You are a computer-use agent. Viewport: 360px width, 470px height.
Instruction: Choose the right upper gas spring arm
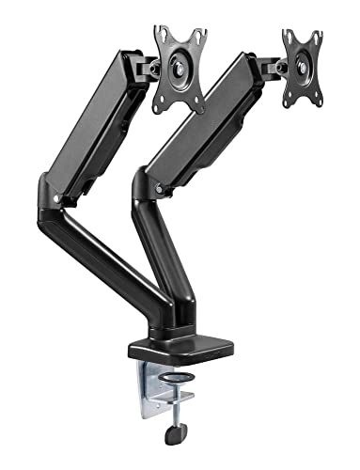(x=202, y=122)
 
